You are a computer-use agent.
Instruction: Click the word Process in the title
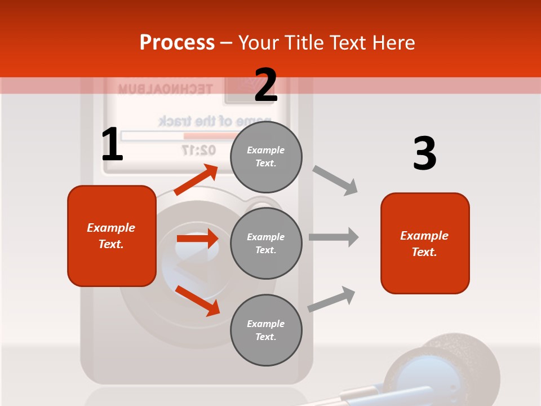[x=177, y=42]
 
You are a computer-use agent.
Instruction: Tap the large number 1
[x=112, y=144]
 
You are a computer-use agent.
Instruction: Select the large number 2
[x=266, y=85]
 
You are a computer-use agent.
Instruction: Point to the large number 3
[x=424, y=153]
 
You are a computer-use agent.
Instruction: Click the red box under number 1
[x=112, y=236]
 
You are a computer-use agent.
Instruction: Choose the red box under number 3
[x=425, y=243]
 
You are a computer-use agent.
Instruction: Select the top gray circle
[x=266, y=157]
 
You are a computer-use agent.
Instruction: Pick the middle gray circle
[x=266, y=243]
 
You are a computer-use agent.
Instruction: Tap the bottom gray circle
[x=266, y=330]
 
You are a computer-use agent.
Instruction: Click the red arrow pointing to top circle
[x=196, y=180]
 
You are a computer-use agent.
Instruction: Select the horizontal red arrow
[x=197, y=239]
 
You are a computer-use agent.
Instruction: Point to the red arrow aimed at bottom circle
[x=197, y=301]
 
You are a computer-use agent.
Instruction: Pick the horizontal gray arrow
[x=334, y=237]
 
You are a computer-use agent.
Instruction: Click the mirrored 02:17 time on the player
[x=198, y=150]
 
